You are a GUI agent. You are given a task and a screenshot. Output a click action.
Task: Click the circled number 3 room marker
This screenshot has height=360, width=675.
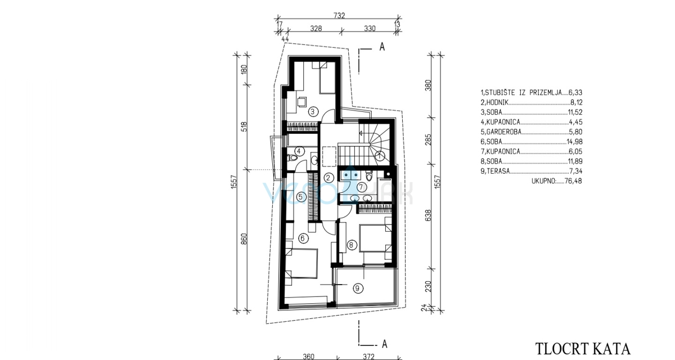click(x=313, y=112)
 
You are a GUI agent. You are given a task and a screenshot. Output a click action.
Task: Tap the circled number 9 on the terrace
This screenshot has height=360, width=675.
click(x=357, y=289)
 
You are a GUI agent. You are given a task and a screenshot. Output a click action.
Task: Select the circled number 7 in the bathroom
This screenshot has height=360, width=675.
click(x=361, y=187)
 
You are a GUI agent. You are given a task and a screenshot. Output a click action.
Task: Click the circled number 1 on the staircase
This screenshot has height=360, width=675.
click(x=380, y=156)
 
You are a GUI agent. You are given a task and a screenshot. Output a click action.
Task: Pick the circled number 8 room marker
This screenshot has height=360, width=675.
click(x=351, y=245)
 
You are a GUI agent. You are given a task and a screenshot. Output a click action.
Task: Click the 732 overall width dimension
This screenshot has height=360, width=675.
click(x=339, y=15)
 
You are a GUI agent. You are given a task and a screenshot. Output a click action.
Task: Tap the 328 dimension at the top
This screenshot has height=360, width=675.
click(x=316, y=28)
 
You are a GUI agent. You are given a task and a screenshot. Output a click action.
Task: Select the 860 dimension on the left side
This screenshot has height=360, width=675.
click(x=244, y=239)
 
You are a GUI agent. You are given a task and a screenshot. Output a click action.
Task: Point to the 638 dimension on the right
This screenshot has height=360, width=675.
click(x=428, y=215)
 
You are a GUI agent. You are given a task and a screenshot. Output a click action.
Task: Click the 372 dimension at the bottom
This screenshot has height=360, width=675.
click(x=368, y=357)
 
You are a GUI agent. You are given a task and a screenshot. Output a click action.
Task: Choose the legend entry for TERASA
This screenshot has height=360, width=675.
click(x=532, y=171)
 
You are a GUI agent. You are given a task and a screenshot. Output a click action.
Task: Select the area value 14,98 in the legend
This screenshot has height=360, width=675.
click(x=574, y=142)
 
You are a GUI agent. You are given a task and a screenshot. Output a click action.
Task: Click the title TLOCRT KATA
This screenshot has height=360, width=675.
click(x=583, y=349)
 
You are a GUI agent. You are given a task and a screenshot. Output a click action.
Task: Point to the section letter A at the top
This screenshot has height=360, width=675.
click(x=382, y=47)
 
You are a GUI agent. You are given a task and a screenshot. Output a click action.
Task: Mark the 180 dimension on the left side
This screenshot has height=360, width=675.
click(x=244, y=70)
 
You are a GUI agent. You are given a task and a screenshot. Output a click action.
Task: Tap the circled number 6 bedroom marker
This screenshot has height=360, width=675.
click(x=303, y=238)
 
